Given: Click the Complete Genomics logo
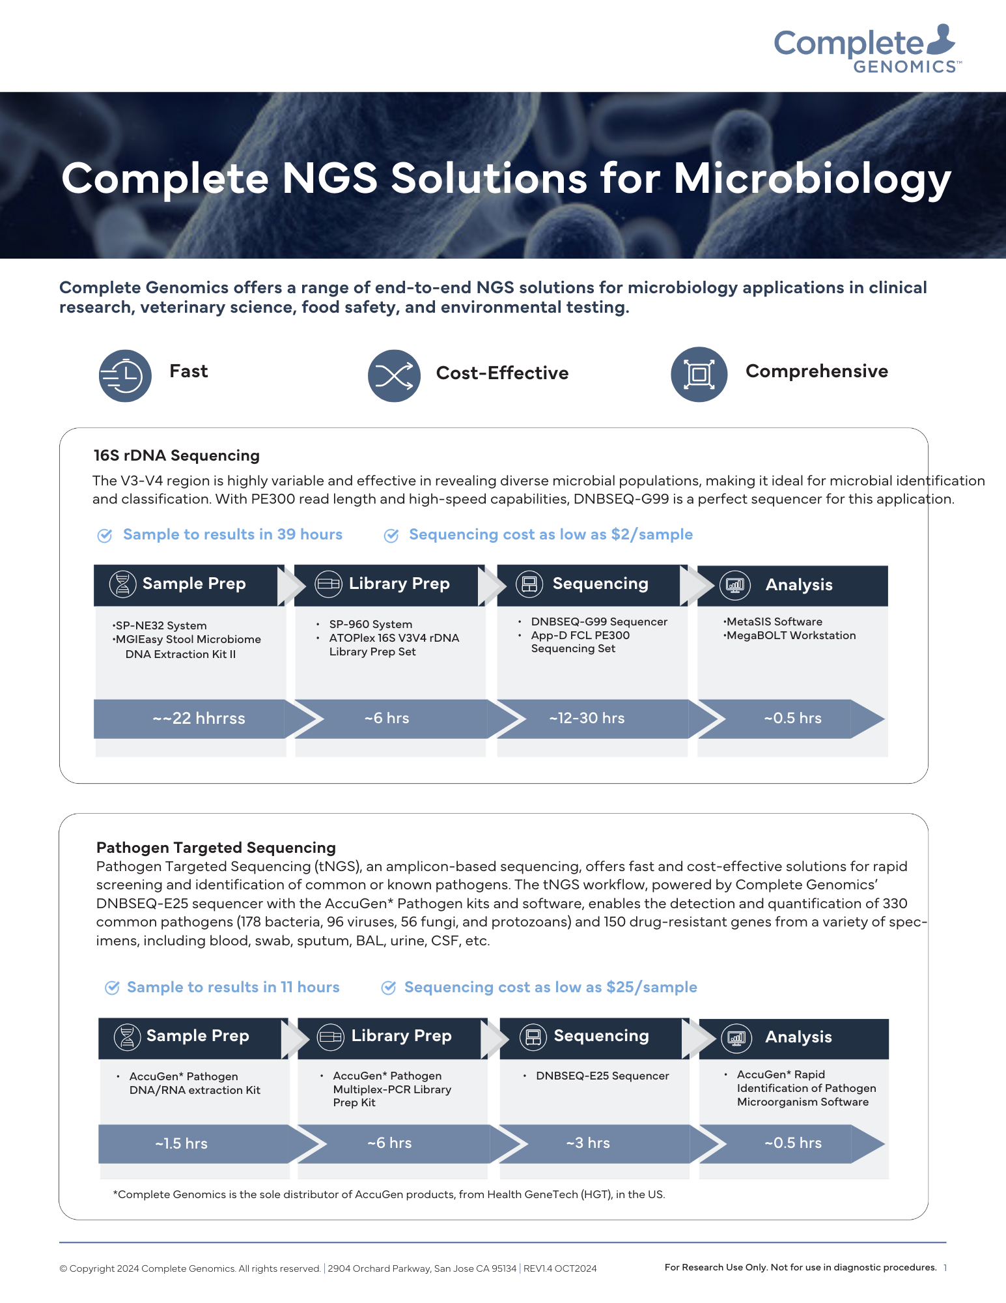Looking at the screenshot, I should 865,49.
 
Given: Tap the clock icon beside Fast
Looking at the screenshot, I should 125,375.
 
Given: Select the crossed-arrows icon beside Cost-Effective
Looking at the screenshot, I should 394,375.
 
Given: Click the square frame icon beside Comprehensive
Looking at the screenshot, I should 699,375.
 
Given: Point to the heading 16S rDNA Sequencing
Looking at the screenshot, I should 176,455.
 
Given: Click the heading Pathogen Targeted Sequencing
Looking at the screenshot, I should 216,847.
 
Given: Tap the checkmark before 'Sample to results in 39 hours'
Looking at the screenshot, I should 104,536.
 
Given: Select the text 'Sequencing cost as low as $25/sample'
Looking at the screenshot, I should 550,987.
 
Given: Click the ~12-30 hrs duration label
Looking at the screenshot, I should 587,718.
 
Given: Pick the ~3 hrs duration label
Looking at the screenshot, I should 588,1143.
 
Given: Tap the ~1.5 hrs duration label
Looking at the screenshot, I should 181,1143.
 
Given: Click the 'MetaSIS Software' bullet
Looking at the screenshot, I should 774,622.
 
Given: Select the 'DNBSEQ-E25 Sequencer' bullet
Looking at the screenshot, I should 602,1076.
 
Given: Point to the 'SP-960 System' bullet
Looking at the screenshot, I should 370,624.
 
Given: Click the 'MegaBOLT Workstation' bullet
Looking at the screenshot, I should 790,635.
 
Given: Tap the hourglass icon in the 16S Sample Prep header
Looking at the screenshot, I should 122,584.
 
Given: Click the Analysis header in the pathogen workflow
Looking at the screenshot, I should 798,1037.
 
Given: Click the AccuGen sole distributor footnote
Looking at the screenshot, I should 389,1194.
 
